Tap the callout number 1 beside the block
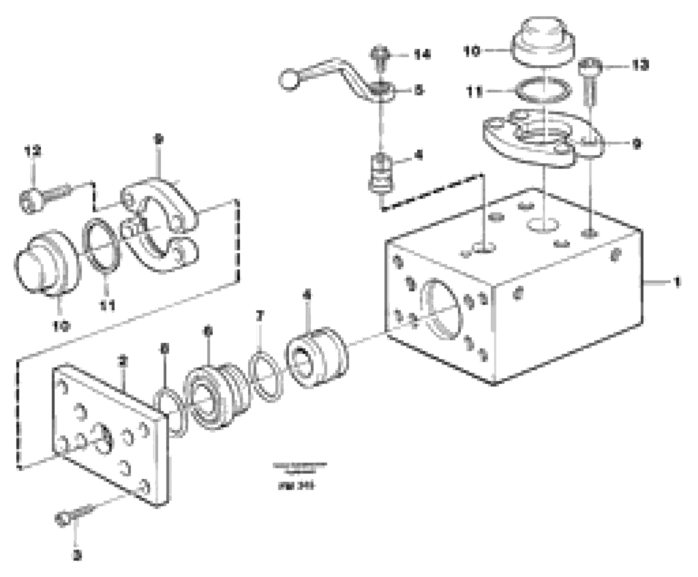(677, 282)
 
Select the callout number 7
(260, 315)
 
